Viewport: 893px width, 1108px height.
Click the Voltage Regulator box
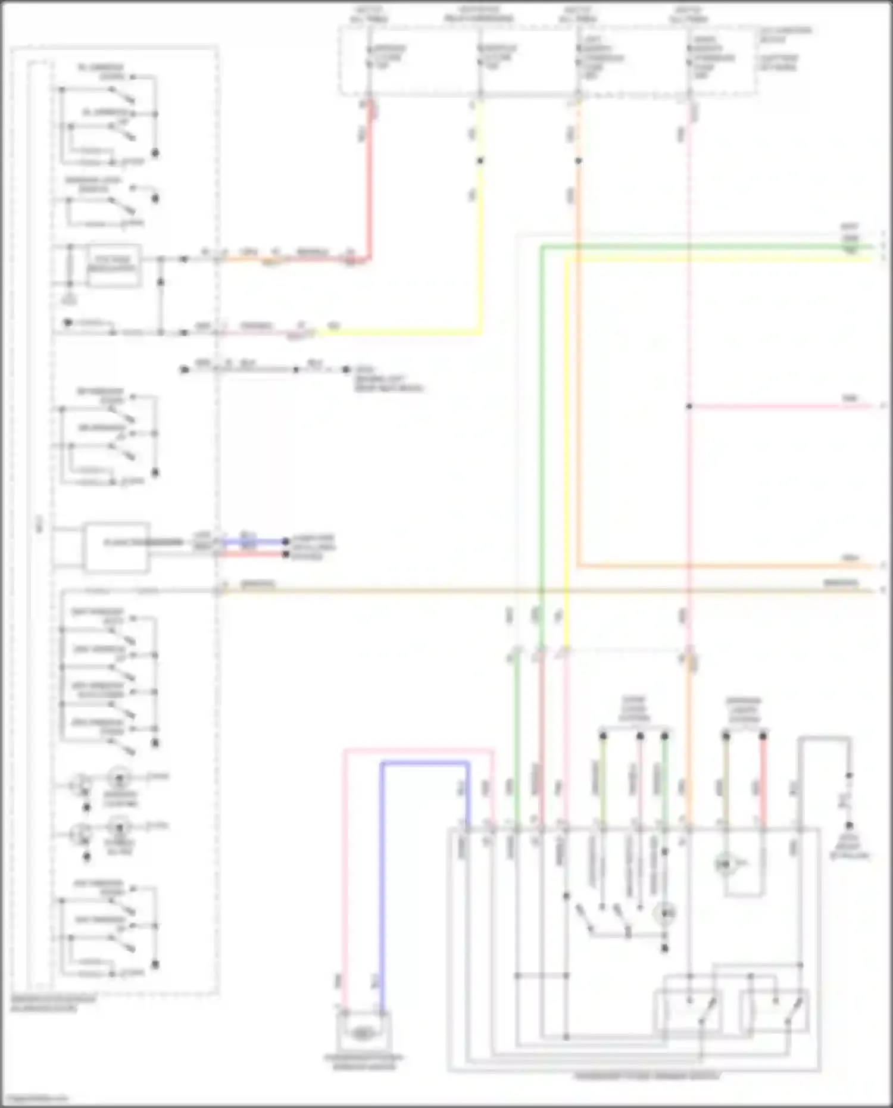[x=113, y=264]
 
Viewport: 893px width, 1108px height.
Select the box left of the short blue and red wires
[x=115, y=547]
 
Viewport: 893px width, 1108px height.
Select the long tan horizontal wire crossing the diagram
[x=536, y=590]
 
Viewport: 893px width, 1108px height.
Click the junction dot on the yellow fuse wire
[x=480, y=161]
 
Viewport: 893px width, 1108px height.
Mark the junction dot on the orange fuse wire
[x=578, y=161]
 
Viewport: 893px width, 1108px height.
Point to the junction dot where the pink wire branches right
[x=689, y=406]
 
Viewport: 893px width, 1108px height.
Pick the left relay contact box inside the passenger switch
[x=688, y=1010]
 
